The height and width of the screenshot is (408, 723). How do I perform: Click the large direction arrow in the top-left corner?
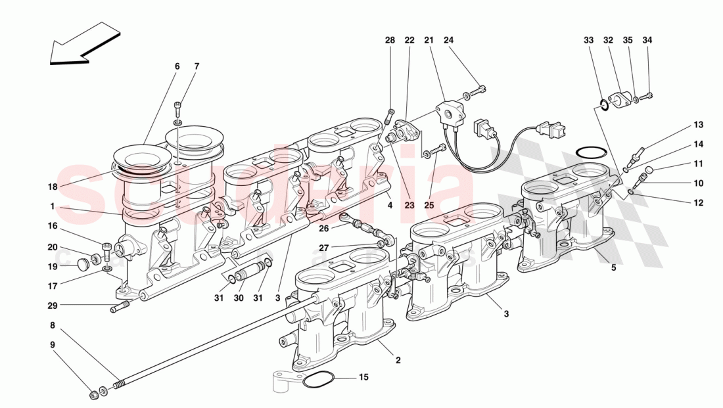point(84,44)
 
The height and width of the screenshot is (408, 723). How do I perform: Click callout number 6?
point(176,66)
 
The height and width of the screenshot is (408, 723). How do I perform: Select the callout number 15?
point(363,377)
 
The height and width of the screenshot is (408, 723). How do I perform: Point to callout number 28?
point(390,41)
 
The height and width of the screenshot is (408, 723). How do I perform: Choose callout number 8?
point(52,325)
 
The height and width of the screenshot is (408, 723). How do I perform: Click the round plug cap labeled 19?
point(83,265)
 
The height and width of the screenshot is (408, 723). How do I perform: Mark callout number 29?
point(52,306)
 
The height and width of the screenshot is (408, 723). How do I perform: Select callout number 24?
point(450,41)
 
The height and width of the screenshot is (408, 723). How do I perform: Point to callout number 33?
point(588,41)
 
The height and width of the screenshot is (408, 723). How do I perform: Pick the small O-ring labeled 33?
point(603,103)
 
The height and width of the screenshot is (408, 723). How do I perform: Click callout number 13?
point(697,125)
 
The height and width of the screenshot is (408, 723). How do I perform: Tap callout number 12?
point(697,203)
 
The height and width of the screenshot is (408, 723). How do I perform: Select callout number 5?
point(613,267)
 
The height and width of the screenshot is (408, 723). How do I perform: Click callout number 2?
point(398,359)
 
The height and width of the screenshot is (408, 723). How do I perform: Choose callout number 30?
point(239,298)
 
